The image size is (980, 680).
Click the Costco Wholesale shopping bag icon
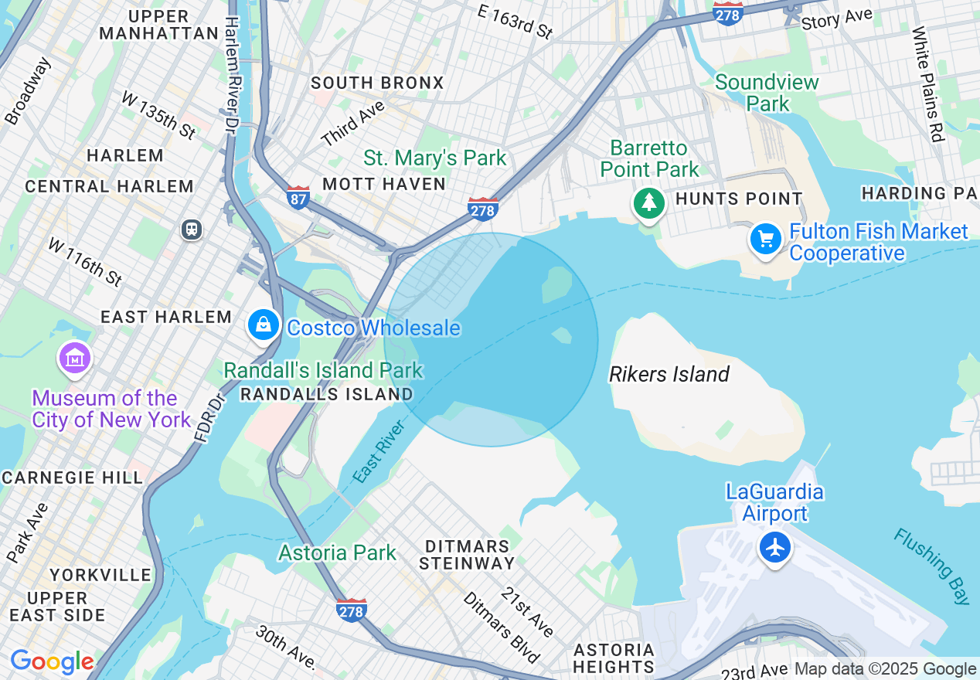coord(264,325)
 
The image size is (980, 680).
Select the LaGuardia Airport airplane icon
coord(774,548)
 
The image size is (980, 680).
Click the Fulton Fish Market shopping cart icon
coord(765,240)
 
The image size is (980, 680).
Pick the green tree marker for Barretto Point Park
coord(649,203)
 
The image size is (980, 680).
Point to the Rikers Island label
coord(669,375)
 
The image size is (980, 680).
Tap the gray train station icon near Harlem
coord(191,229)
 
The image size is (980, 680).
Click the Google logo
coord(52,661)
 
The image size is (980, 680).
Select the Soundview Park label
coord(767,93)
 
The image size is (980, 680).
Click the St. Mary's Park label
coord(435,158)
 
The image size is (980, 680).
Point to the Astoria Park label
coord(337,552)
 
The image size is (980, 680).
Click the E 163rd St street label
coord(516,21)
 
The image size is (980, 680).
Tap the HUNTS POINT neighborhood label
coord(739,199)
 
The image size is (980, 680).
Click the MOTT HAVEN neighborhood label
coord(384,184)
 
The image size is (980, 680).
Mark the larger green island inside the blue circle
coord(556,285)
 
